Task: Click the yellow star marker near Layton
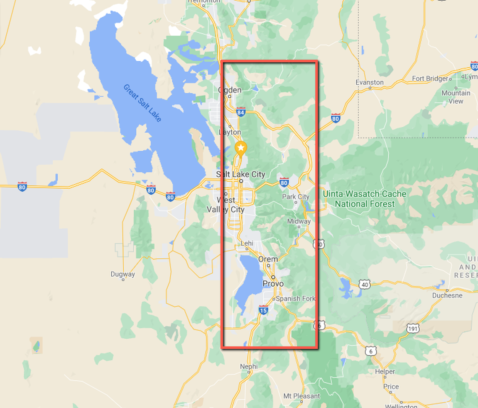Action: [x=240, y=148]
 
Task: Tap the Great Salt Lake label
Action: [x=142, y=103]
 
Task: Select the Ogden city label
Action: [x=230, y=90]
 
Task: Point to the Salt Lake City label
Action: [x=241, y=174]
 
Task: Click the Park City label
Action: [x=296, y=197]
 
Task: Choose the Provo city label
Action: [x=273, y=284]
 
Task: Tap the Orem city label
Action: [x=268, y=259]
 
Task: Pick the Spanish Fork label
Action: [x=294, y=298]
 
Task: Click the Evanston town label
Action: [x=369, y=82]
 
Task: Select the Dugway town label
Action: [x=123, y=274]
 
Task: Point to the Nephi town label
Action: [x=249, y=366]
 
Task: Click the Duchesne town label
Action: [x=447, y=295]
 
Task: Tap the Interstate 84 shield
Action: [x=241, y=112]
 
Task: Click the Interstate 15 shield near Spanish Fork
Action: [x=263, y=311]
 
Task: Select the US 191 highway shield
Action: [x=412, y=328]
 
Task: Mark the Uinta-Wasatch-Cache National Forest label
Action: [x=364, y=199]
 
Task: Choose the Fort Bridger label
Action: [x=430, y=78]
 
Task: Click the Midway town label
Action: [x=299, y=221]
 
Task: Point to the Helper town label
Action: [x=384, y=371]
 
